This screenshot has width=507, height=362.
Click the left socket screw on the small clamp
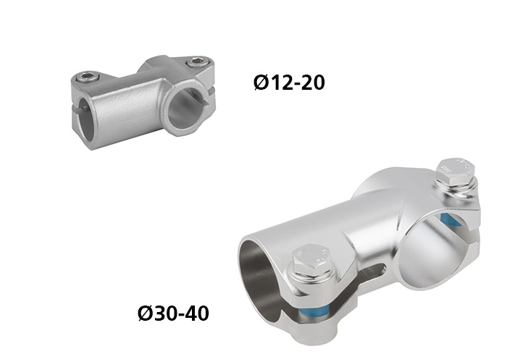click(x=88, y=77)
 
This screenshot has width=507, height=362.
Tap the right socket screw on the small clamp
click(x=196, y=62)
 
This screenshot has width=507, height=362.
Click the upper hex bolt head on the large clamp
click(x=456, y=172)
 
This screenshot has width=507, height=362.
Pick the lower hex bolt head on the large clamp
click(x=311, y=261)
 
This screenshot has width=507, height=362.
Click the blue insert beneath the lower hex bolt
click(x=312, y=313)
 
